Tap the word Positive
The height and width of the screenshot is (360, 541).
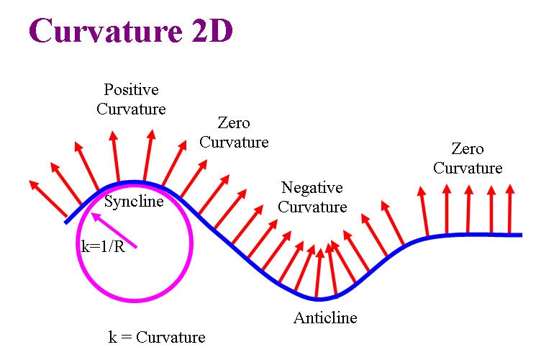131,90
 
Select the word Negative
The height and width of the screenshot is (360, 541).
312,188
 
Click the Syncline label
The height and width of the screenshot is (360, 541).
134,202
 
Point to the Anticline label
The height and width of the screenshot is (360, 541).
325,318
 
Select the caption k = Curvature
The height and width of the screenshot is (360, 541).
156,337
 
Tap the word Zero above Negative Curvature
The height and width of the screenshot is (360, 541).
234,123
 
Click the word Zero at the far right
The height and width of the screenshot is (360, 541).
468,149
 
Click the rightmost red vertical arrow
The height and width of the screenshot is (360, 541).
510,209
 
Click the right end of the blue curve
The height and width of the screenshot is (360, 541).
520,235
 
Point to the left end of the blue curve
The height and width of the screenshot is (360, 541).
66,222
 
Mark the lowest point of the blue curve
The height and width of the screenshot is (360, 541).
320,298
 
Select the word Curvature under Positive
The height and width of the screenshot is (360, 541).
131,109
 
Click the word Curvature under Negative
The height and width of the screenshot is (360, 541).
312,207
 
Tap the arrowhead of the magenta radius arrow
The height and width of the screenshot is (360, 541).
94,215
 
